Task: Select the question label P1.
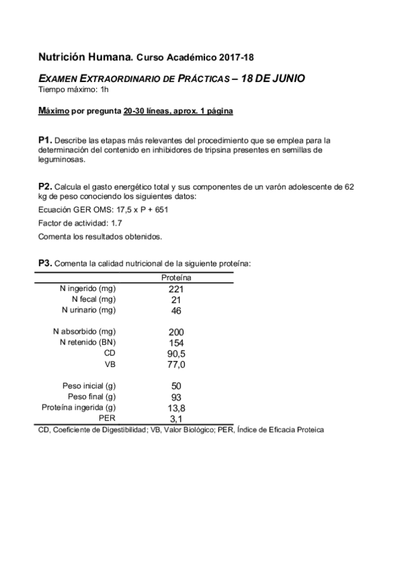point(45,140)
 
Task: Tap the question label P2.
point(45,187)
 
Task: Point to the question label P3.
point(45,263)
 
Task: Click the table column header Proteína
point(177,277)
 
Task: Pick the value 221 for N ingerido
point(176,289)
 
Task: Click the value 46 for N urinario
point(176,310)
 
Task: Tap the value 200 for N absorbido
point(176,332)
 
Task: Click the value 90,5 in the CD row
point(176,354)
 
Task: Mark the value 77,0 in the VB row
point(176,364)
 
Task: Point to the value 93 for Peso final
point(176,396)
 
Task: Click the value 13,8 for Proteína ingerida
point(176,407)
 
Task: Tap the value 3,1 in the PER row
point(176,418)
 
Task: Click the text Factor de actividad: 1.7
point(79,223)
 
